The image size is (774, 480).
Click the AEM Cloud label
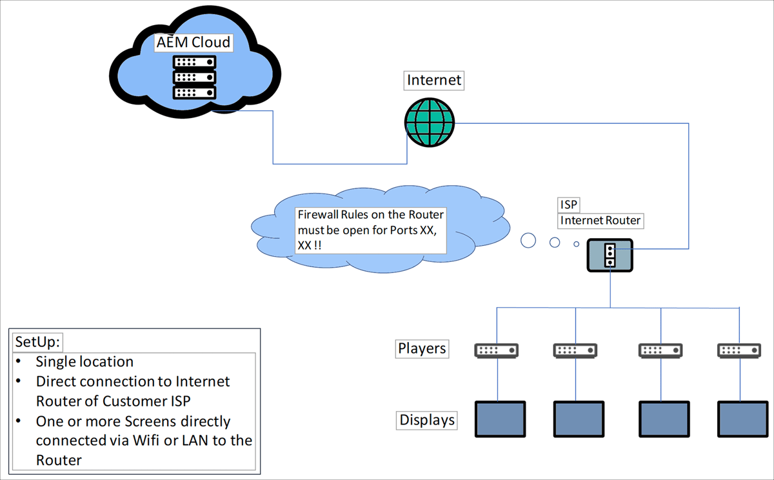click(193, 43)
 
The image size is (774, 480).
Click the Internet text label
click(434, 80)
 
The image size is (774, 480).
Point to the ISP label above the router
click(569, 205)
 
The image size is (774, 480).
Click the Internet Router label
click(600, 221)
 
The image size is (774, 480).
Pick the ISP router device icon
click(610, 255)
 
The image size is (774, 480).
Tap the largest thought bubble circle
click(528, 241)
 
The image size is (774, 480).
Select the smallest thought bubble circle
click(577, 244)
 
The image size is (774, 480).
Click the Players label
click(422, 349)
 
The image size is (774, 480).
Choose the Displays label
click(427, 421)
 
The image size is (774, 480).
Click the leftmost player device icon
click(497, 350)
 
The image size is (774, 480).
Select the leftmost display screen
click(500, 421)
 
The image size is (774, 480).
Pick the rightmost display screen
click(742, 421)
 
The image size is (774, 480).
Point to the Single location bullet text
click(84, 361)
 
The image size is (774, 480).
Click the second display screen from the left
click(579, 421)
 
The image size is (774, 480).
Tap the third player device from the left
click(660, 350)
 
